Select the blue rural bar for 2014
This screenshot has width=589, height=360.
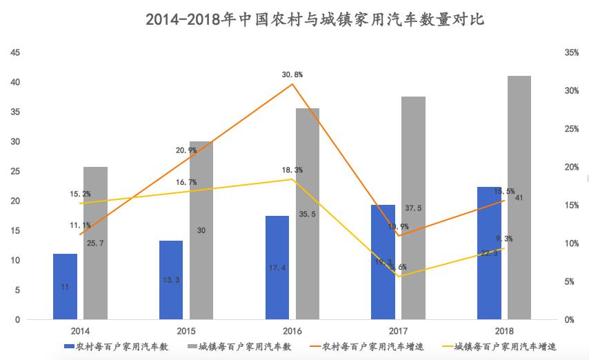point(65,286)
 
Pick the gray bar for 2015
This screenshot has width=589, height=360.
point(201,230)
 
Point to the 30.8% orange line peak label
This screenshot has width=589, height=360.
point(292,74)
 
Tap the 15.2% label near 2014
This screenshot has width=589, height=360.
point(79,194)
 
